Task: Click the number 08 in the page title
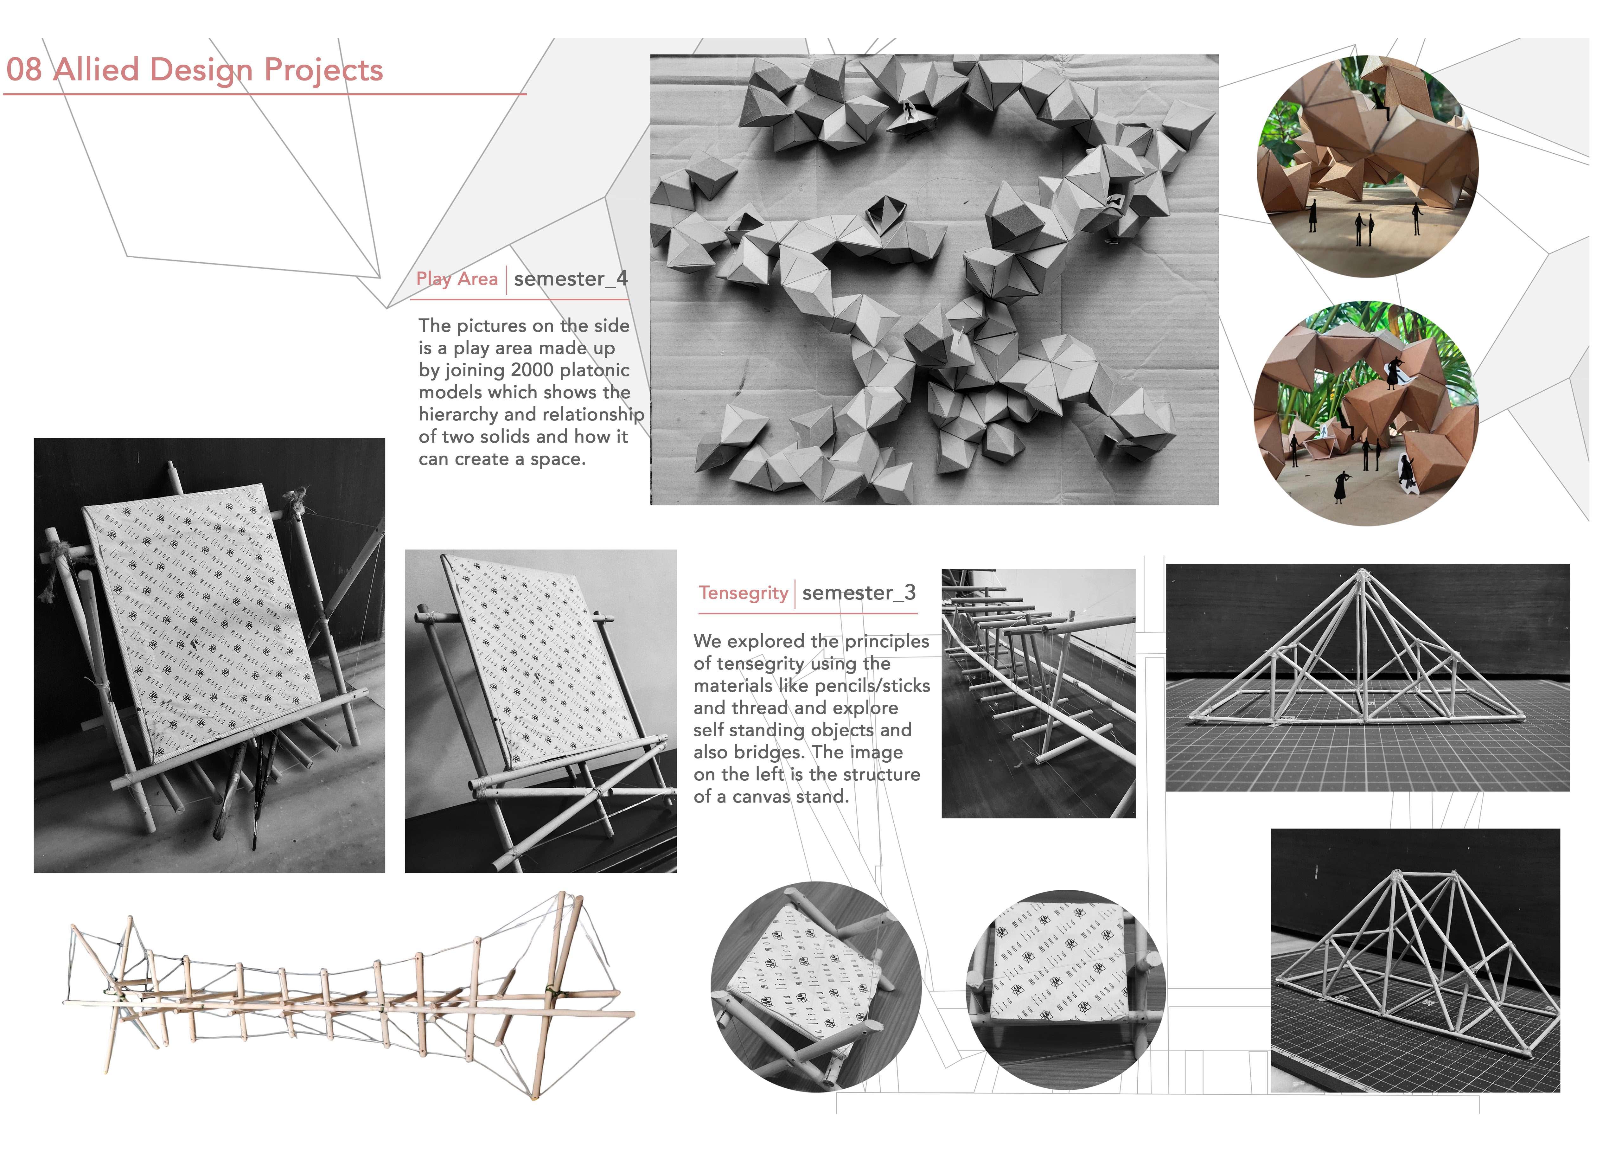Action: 23,70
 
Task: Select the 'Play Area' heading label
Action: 457,279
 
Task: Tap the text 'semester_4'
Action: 570,279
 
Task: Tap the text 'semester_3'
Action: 859,593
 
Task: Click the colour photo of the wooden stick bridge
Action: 350,996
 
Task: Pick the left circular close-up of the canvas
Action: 816,987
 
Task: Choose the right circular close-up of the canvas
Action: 1065,989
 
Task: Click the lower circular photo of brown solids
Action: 1366,414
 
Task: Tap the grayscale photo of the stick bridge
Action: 1038,693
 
